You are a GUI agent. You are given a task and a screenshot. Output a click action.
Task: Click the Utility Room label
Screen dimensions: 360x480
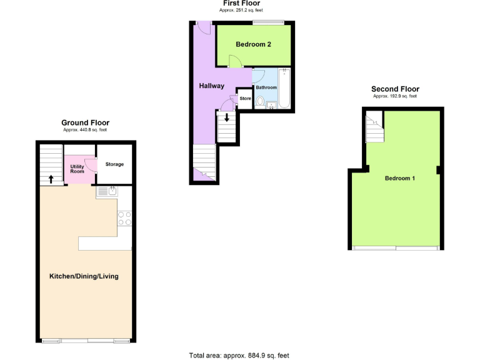pyautogui.click(x=77, y=168)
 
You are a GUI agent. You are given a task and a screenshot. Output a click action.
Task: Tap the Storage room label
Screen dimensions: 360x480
pyautogui.click(x=114, y=164)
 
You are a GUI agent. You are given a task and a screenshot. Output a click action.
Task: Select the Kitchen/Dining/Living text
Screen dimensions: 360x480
pyautogui.click(x=84, y=276)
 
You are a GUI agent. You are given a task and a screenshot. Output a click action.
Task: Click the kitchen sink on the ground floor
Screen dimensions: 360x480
pyautogui.click(x=106, y=192)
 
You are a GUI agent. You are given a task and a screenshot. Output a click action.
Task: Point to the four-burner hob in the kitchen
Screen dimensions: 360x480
pyautogui.click(x=124, y=218)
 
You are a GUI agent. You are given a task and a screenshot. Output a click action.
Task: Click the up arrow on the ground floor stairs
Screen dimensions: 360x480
pyautogui.click(x=51, y=179)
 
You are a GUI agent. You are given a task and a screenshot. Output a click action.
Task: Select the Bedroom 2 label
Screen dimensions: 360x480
pyautogui.click(x=253, y=44)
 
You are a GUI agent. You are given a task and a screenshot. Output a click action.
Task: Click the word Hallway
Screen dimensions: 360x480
pyautogui.click(x=211, y=86)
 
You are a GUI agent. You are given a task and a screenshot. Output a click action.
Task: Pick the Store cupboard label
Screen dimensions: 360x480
pyautogui.click(x=246, y=99)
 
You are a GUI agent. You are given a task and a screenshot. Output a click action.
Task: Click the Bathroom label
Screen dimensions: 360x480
pyautogui.click(x=266, y=87)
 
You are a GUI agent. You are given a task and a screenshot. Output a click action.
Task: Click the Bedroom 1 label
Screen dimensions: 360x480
pyautogui.click(x=399, y=178)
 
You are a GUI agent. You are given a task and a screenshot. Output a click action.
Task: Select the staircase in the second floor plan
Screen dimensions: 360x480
pyautogui.click(x=374, y=127)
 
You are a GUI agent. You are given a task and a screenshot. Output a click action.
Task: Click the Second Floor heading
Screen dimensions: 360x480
pyautogui.click(x=395, y=89)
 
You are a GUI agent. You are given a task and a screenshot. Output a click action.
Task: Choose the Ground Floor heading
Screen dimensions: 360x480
pyautogui.click(x=85, y=122)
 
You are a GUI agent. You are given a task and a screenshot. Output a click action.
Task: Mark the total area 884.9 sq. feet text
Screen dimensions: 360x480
pyautogui.click(x=239, y=355)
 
